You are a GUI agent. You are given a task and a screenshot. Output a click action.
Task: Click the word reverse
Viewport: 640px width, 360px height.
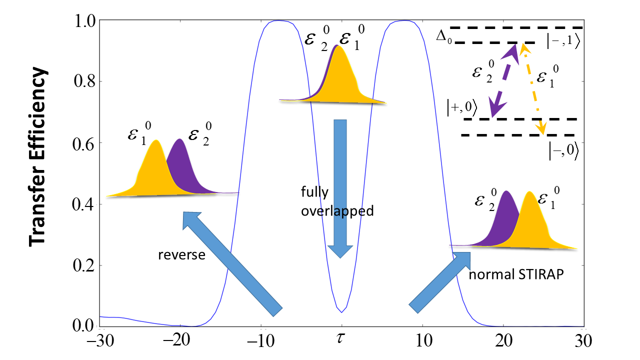(x=181, y=254)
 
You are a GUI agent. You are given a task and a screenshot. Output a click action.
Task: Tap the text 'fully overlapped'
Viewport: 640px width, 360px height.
(x=337, y=201)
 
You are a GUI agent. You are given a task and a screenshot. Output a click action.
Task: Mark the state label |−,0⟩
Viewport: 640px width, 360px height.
(x=564, y=150)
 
